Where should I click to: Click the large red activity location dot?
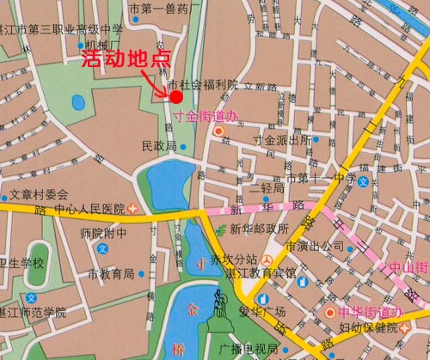(176, 96)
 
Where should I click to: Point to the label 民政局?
(158, 147)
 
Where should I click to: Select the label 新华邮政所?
(259, 229)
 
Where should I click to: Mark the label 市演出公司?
(315, 246)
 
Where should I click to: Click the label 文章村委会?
(38, 194)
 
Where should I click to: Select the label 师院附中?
(102, 233)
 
